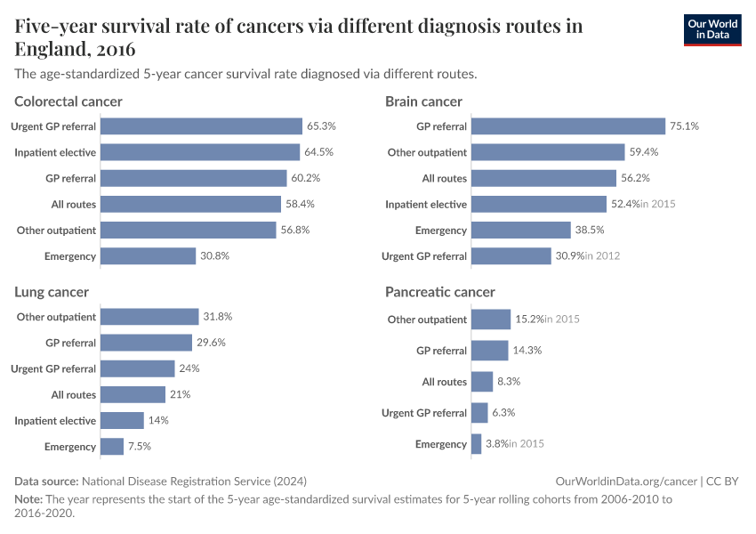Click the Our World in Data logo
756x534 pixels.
(712, 28)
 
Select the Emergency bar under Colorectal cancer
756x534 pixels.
(148, 256)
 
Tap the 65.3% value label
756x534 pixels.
(321, 126)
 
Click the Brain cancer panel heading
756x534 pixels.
(423, 101)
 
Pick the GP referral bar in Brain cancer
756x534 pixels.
(567, 126)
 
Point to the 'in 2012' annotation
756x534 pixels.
(602, 256)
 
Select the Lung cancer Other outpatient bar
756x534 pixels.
(149, 317)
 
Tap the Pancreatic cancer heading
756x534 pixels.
(439, 292)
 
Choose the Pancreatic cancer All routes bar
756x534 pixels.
(481, 382)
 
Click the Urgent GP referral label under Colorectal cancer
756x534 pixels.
(53, 126)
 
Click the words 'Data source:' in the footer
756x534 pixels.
(47, 481)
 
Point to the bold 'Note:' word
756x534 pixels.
(28, 499)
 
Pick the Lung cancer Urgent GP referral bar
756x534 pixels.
(138, 368)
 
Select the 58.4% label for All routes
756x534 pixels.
(300, 205)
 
